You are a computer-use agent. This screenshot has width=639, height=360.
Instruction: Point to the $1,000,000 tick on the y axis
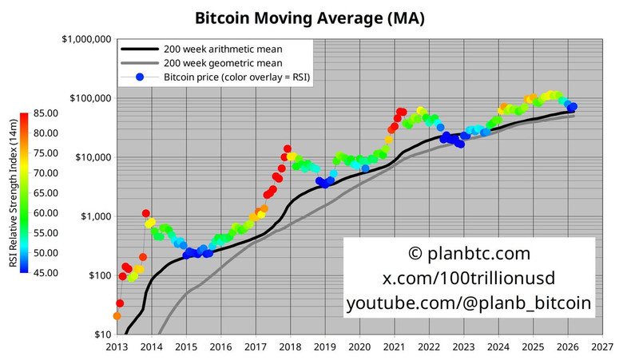85,39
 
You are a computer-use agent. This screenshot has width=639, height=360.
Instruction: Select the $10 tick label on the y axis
100,334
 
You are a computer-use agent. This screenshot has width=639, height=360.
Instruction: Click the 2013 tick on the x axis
117,347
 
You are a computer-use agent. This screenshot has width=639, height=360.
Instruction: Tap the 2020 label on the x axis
360,347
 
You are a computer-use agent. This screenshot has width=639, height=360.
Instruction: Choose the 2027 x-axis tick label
603,347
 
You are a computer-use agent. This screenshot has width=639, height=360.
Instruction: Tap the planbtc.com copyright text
469,254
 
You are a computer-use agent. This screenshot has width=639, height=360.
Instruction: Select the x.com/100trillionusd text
469,279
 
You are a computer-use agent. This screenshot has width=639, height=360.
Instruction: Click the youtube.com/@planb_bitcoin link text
469,303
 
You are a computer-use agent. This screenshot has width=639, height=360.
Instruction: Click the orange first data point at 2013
117,316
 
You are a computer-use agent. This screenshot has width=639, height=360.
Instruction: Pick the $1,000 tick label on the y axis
94,216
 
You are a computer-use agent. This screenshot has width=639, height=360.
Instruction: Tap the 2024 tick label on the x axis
498,347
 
